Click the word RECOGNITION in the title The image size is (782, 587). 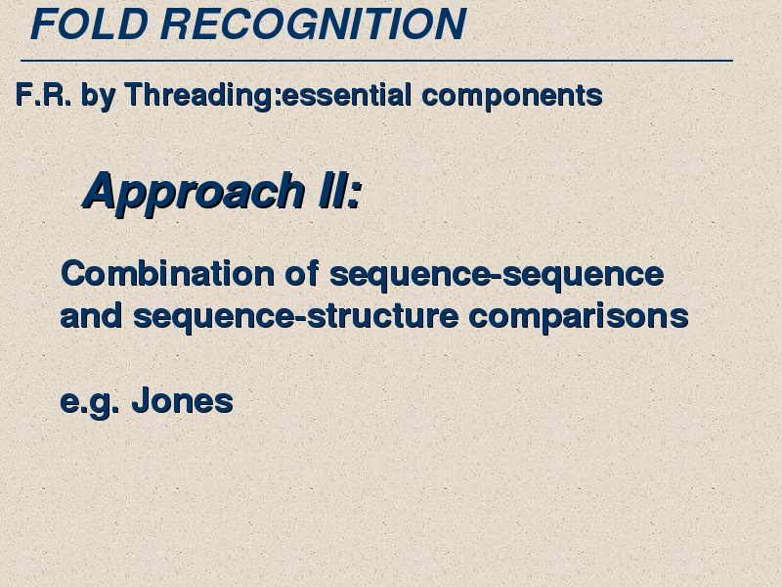tap(313, 23)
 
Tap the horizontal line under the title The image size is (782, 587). tap(376, 61)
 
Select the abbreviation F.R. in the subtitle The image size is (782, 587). tap(43, 94)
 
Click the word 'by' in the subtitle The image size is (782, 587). tap(99, 96)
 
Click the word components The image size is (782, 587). tap(512, 96)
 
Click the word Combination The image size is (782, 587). tap(167, 274)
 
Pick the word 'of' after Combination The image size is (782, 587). tap(302, 273)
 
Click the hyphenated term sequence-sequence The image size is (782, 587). tap(497, 276)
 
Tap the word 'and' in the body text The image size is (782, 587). tap(91, 315)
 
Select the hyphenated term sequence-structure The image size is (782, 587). tap(296, 317)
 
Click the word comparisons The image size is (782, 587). tap(579, 317)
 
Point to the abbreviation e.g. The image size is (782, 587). tap(90, 402)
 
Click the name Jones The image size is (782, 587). tap(183, 400)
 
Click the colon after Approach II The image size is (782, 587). tap(354, 193)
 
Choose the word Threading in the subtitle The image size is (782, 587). tap(199, 96)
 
